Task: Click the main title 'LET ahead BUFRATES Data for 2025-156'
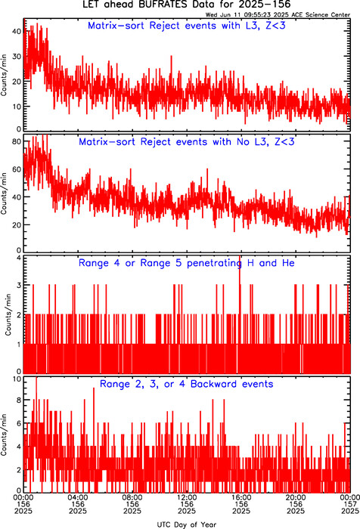click(186, 5)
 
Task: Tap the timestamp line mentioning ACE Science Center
click(278, 15)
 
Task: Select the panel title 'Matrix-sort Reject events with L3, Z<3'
click(186, 26)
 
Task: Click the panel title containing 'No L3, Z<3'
click(186, 142)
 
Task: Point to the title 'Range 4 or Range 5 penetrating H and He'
click(186, 263)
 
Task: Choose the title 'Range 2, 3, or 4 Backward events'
click(186, 384)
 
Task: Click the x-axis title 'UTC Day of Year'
click(186, 524)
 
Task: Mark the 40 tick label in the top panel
click(17, 32)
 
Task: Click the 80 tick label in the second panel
click(17, 141)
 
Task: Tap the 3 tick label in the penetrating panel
click(19, 285)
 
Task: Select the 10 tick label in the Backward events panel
click(17, 379)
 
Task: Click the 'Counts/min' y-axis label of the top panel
click(4, 75)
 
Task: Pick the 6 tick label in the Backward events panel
click(19, 423)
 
